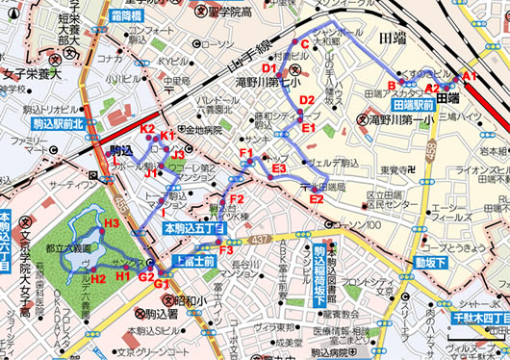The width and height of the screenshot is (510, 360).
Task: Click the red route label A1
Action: [470, 74]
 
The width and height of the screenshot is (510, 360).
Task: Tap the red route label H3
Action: [111, 223]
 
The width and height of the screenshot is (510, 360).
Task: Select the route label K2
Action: [147, 129]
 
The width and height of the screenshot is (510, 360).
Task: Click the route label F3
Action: [226, 251]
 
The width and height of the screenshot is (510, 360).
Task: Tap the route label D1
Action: [268, 69]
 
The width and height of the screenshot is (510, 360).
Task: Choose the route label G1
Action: [162, 285]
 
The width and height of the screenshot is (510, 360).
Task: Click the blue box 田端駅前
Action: [415, 103]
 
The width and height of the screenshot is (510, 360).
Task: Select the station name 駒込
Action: [120, 150]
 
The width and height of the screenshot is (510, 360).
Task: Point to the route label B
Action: [392, 84]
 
